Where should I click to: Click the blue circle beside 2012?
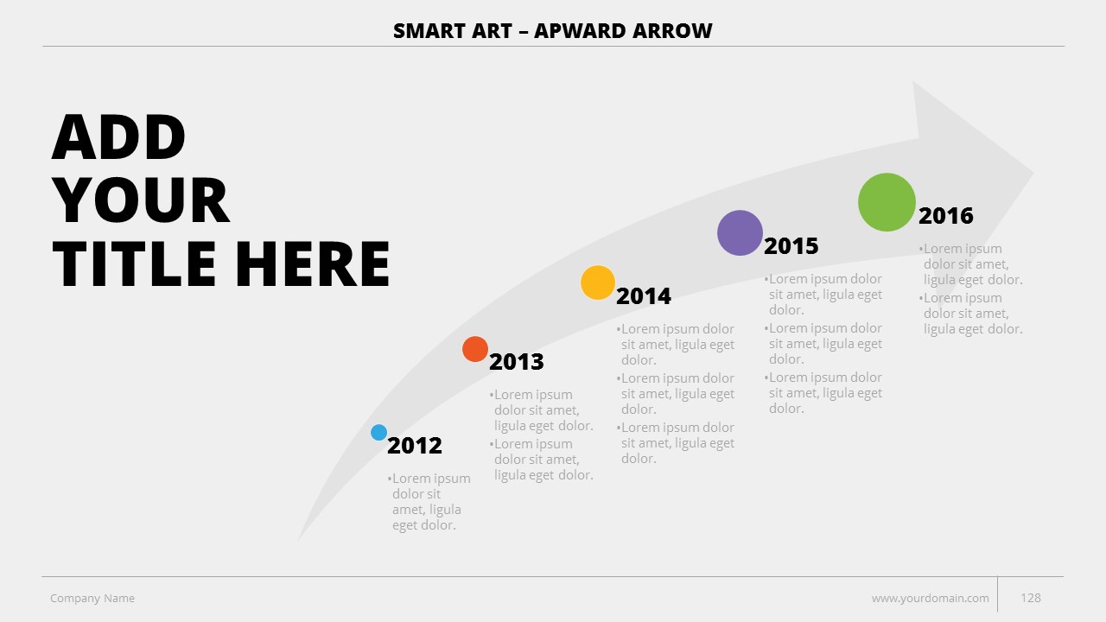[x=378, y=433]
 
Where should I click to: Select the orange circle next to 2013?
[x=475, y=349]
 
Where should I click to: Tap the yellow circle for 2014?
[x=597, y=282]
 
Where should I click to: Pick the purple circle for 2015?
[x=740, y=232]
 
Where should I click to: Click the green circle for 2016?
[x=887, y=202]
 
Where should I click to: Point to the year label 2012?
[x=414, y=446]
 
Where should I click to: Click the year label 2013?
[x=517, y=362]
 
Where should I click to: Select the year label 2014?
[x=644, y=296]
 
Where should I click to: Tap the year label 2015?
[x=791, y=246]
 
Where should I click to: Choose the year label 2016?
[x=945, y=216]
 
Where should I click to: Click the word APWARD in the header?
[x=579, y=31]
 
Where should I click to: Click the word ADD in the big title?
[x=118, y=136]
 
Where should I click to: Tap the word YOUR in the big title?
[x=141, y=200]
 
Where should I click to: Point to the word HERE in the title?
[x=313, y=264]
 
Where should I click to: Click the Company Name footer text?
[x=92, y=599]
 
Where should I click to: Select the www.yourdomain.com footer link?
[x=931, y=599]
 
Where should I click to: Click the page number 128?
[x=1031, y=598]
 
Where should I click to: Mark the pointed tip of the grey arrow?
[x=1033, y=173]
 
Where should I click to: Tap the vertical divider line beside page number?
[x=997, y=594]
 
